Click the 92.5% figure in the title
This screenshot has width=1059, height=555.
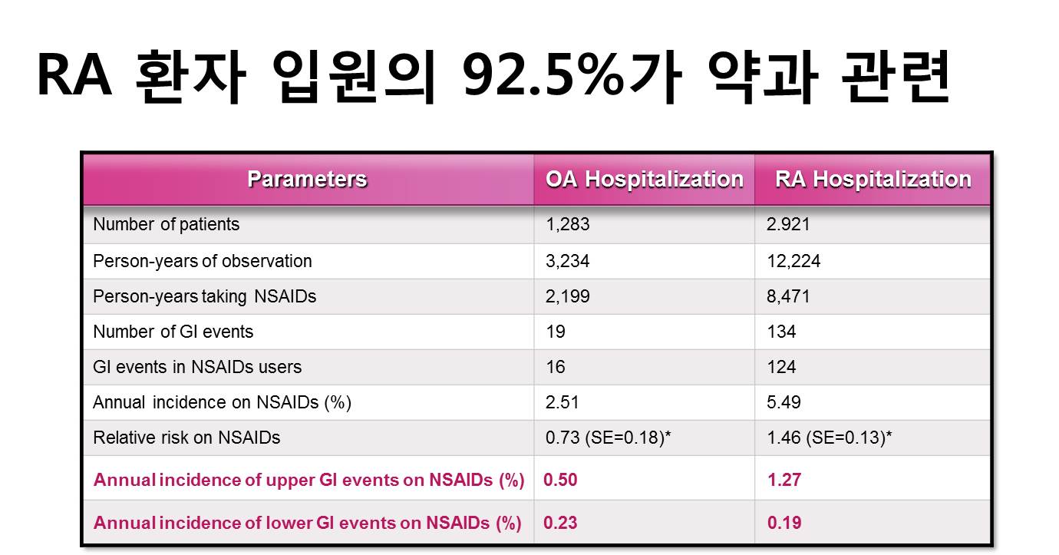[x=543, y=76]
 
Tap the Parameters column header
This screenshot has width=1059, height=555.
[x=307, y=179]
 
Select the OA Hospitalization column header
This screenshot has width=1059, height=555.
[x=645, y=180]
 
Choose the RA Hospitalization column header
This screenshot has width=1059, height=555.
[x=873, y=180]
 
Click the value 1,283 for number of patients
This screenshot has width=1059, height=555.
[x=568, y=224]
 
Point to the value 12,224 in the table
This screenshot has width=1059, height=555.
[x=793, y=261]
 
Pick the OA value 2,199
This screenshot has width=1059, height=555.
[x=568, y=296]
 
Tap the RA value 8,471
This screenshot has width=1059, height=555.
[x=788, y=296]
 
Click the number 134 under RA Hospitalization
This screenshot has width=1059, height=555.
[x=781, y=332]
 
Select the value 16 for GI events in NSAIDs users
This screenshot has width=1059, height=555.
[x=556, y=367]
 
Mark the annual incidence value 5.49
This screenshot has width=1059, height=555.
[x=784, y=402]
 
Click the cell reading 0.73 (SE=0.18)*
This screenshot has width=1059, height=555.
[x=608, y=438]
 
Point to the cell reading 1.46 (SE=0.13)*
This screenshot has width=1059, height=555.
[x=829, y=438]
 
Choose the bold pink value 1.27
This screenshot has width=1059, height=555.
[x=784, y=480]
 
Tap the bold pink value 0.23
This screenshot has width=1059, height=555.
[x=560, y=523]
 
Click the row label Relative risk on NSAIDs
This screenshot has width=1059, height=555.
[x=186, y=438]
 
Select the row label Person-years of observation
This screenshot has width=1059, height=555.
[x=203, y=262]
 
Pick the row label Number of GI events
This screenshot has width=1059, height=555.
[x=173, y=332]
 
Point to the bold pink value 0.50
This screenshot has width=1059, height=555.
[x=560, y=480]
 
